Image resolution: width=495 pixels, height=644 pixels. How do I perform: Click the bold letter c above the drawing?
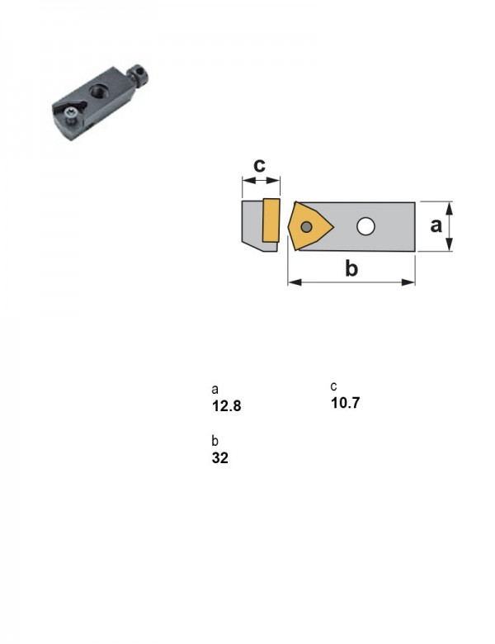point(259,164)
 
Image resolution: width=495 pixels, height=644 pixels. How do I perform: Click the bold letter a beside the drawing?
point(436,225)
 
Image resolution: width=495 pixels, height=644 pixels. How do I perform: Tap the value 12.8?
point(226,405)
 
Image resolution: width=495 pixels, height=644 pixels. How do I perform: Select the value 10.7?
point(345,403)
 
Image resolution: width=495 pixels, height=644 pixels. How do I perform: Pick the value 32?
point(220,457)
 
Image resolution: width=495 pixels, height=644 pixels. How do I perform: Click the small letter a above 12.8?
point(215,389)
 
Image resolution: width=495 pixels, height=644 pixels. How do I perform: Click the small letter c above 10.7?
point(333,386)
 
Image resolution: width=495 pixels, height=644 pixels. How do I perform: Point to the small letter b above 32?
point(215,440)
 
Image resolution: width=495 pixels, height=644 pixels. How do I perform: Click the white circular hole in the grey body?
point(365,226)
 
